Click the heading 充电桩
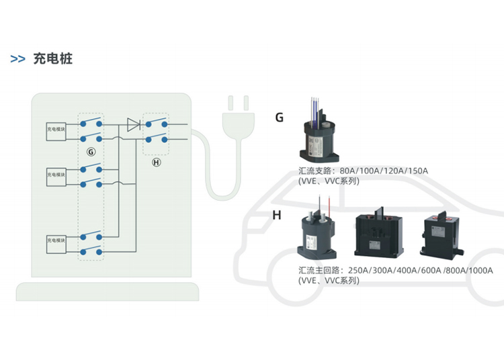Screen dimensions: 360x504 coord(52,58)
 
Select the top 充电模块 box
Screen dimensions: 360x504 coord(56,130)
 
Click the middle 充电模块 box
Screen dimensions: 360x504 coord(56,175)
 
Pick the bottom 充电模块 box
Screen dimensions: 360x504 coord(56,241)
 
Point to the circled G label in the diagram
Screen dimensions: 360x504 coord(91,152)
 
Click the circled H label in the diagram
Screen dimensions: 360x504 coord(157,163)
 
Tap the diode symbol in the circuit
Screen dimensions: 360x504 coord(132,124)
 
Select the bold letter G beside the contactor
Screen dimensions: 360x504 coord(280,118)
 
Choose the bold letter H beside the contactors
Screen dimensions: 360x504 coord(277,216)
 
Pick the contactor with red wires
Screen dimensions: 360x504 coord(319,234)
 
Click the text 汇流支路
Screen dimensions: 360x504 coord(318,171)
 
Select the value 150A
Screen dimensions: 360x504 coord(416,171)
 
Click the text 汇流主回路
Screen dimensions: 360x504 coord(321,271)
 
